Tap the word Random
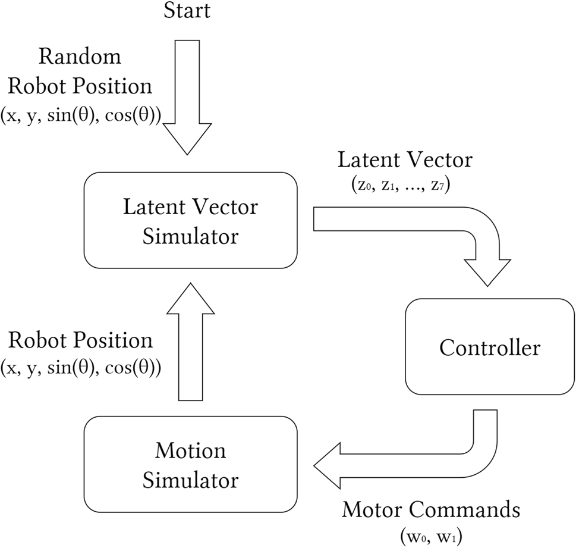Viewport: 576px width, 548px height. coord(80,57)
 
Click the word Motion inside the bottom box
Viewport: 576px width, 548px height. coord(190,450)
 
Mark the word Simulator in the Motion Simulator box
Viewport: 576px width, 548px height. coord(190,479)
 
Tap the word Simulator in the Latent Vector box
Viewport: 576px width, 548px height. coord(190,236)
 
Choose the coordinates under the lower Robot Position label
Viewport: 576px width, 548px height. coord(78,367)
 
